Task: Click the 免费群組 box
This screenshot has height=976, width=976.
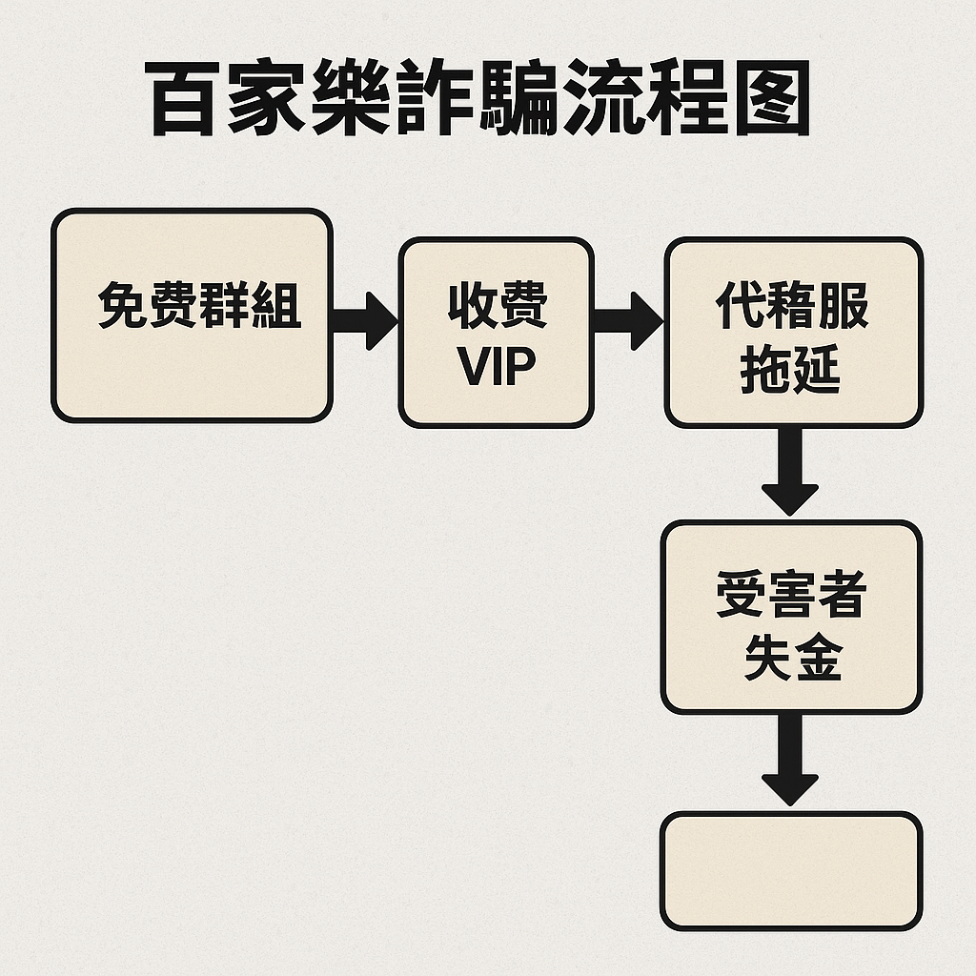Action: pyautogui.click(x=191, y=315)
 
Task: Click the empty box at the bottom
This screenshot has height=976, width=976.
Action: pyautogui.click(x=791, y=870)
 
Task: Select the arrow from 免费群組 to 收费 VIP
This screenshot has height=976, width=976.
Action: pyautogui.click(x=364, y=319)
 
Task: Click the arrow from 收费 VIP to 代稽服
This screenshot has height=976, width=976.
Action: pyautogui.click(x=626, y=319)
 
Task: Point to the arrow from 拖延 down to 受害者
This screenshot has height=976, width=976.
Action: pyautogui.click(x=790, y=472)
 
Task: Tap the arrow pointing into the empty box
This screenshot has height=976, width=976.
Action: pyautogui.click(x=790, y=761)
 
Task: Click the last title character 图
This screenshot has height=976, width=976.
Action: pyautogui.click(x=767, y=98)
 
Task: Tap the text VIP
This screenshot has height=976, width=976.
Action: pyautogui.click(x=496, y=365)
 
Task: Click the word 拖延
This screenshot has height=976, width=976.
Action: pyautogui.click(x=791, y=369)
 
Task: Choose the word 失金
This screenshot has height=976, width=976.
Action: pyautogui.click(x=792, y=657)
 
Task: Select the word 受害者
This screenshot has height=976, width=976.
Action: pyautogui.click(x=791, y=596)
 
